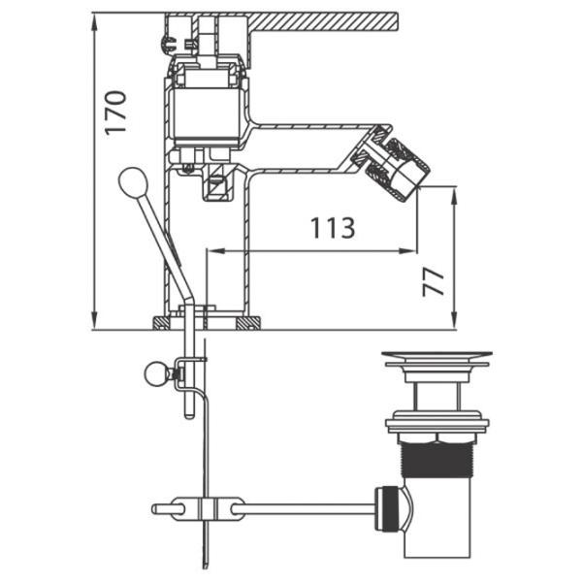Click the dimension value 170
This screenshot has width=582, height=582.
point(115,113)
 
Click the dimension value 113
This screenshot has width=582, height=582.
point(332,229)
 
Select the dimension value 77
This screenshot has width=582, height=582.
point(435,280)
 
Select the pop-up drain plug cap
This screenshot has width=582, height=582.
point(436,358)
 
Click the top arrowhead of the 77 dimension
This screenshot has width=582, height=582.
point(454,192)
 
